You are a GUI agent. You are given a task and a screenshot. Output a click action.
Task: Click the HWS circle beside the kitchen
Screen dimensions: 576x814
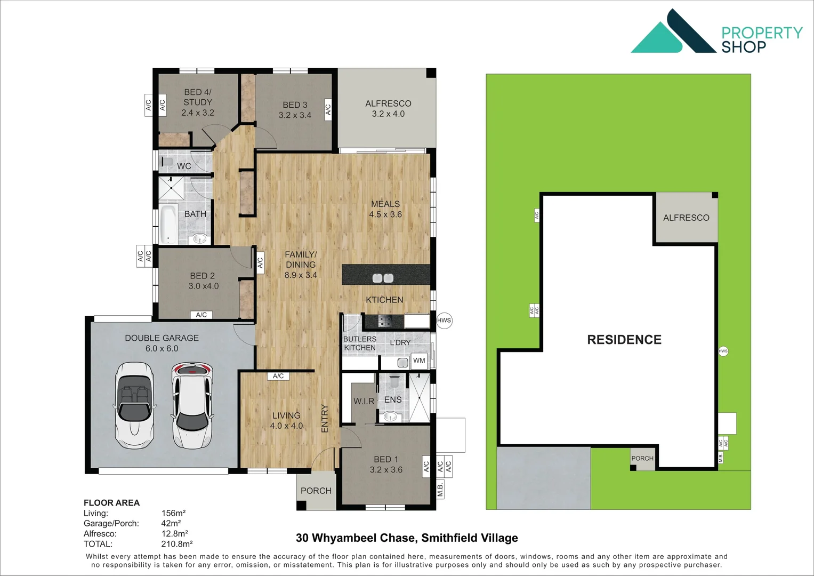[x=444, y=321]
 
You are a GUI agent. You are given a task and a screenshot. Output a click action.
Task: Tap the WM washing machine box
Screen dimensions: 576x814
[x=420, y=361]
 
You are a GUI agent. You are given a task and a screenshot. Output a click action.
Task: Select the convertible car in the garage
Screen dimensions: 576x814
[x=134, y=405]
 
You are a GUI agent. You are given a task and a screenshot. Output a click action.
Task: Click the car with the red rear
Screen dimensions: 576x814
[x=192, y=405]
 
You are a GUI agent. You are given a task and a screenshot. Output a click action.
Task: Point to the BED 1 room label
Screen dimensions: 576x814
[x=386, y=465]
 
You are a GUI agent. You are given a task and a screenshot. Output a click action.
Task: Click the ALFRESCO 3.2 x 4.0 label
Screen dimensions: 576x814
[x=388, y=108]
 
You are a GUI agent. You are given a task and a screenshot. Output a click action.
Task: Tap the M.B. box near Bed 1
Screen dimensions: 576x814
[x=440, y=489]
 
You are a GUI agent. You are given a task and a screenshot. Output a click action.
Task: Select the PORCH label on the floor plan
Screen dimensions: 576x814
[x=316, y=491]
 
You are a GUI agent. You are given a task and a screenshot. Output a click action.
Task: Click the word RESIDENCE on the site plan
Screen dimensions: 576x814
[x=624, y=340]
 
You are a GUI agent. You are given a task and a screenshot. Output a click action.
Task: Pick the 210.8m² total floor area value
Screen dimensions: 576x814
[x=177, y=544]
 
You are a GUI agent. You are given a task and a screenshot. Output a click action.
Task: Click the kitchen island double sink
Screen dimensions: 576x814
[x=383, y=278]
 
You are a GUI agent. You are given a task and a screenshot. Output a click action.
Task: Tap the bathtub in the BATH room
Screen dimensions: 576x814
[x=168, y=224]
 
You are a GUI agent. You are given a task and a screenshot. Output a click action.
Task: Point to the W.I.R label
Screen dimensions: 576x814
[x=364, y=401]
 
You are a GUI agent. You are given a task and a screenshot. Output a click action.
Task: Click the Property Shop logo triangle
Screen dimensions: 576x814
[x=657, y=39]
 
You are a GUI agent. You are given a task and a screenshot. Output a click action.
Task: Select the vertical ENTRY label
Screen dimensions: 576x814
[x=325, y=418]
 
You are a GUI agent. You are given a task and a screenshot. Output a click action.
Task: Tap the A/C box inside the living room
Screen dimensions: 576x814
[x=278, y=376]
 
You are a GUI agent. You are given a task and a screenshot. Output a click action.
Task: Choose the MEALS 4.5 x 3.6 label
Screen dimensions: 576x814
[x=385, y=209]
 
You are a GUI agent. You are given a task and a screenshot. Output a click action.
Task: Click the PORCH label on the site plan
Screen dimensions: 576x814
[x=642, y=458]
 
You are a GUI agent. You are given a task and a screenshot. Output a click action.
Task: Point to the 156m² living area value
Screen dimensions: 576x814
[x=173, y=513]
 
